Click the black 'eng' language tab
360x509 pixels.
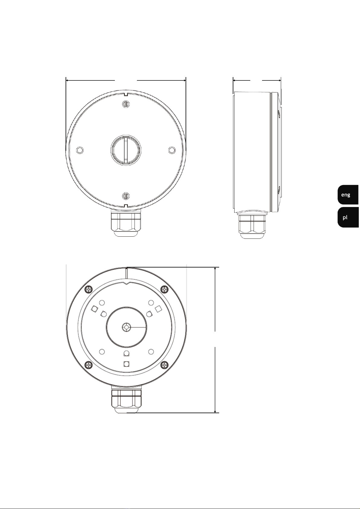[348, 195]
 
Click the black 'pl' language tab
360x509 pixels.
[348, 217]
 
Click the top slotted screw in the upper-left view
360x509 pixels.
[126, 104]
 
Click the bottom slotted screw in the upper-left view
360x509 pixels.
[126, 196]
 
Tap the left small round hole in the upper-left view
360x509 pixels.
[80, 150]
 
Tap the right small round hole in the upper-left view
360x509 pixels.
[172, 150]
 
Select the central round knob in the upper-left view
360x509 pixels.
[126, 150]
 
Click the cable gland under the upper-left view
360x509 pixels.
[126, 224]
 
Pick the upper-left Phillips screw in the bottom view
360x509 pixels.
[89, 289]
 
